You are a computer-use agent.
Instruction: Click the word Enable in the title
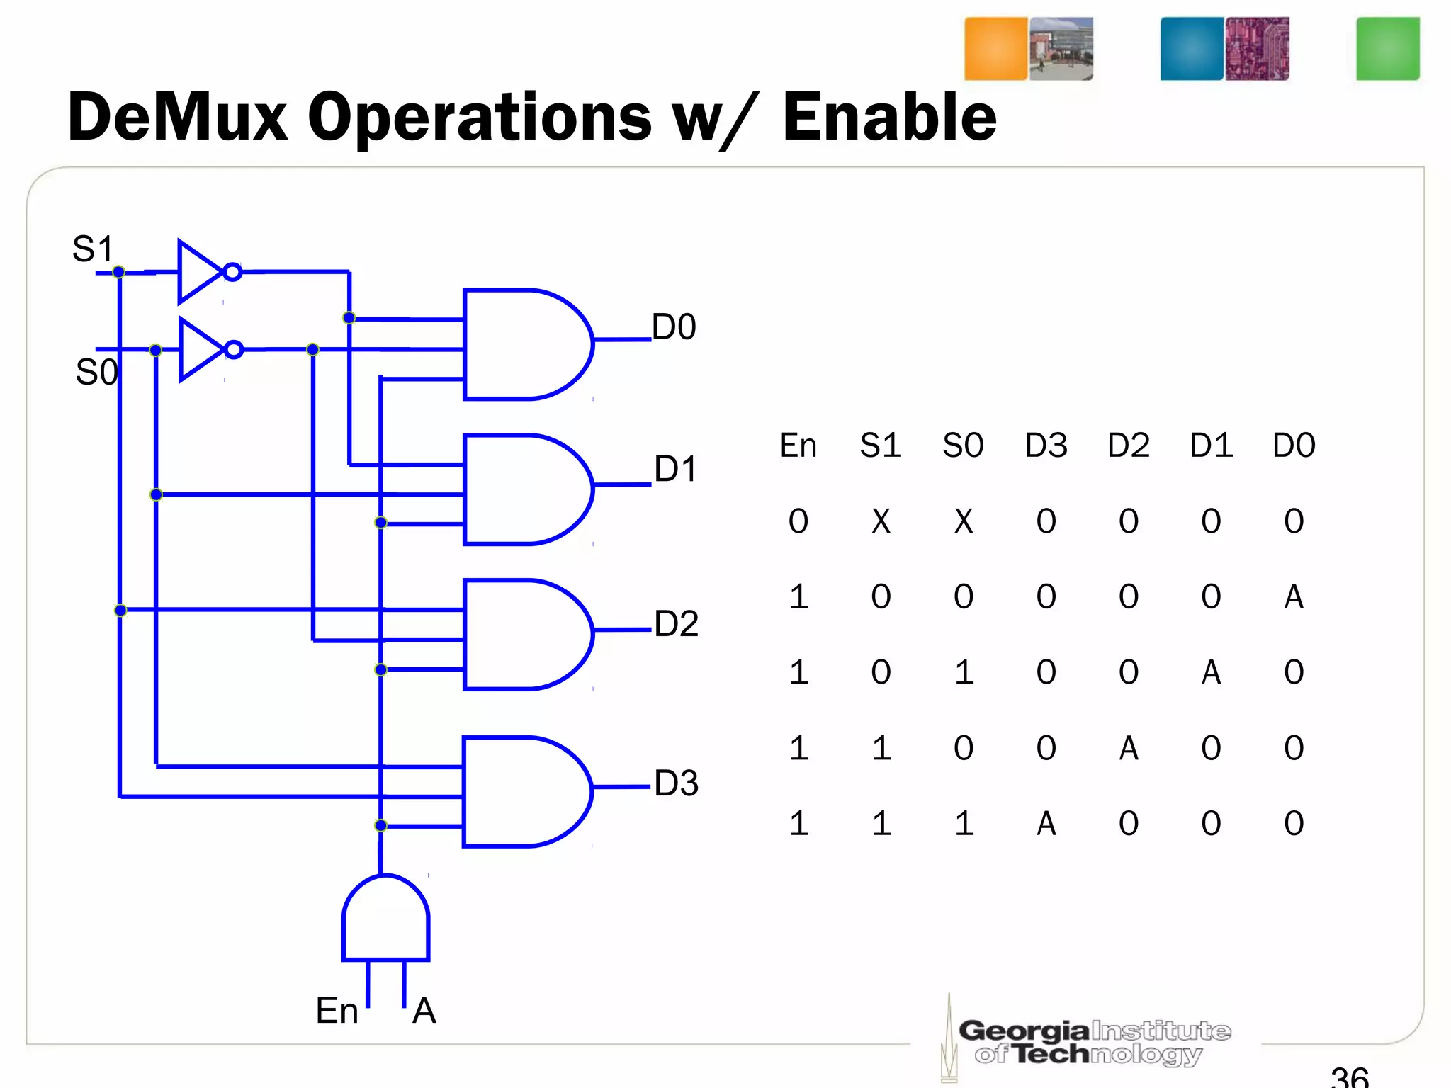(x=889, y=118)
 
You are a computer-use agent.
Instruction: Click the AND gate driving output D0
(x=524, y=344)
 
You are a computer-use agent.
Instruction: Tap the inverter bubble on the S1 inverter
(x=232, y=272)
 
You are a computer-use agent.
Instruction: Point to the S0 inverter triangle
(x=200, y=350)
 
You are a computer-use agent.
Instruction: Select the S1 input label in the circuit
(x=93, y=249)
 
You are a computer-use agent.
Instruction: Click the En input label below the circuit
(x=337, y=1010)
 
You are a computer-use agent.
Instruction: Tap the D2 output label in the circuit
(x=676, y=624)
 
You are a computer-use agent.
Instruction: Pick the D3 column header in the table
(x=1046, y=446)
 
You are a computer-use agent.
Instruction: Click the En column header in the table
(x=798, y=446)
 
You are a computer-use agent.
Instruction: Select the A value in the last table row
(x=1046, y=823)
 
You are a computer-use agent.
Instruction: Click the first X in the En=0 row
(x=881, y=521)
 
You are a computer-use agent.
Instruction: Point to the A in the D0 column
(x=1294, y=596)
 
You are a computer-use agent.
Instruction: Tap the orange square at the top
(x=995, y=49)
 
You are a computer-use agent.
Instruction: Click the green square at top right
(x=1387, y=49)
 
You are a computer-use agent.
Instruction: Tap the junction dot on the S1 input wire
(x=119, y=272)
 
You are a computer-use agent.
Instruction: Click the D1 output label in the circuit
(x=675, y=469)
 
